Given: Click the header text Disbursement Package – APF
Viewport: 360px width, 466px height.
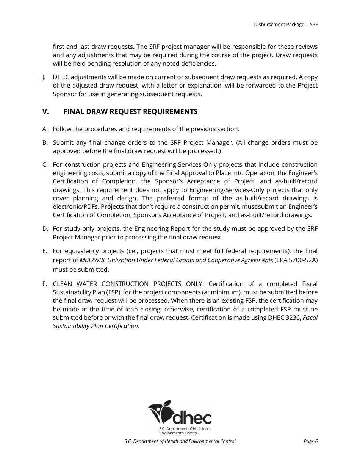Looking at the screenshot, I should point(285,25).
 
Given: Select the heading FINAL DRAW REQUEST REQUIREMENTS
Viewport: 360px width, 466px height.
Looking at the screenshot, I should point(130,112).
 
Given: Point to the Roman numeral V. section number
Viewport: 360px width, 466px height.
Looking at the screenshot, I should point(46,112).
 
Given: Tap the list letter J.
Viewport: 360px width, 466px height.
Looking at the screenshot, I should point(44,77).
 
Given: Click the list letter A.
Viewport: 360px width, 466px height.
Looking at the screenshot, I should point(45,129).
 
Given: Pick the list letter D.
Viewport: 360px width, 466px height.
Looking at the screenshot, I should point(45,229).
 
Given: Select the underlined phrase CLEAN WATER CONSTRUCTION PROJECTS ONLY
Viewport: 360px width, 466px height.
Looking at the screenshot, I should point(128,284).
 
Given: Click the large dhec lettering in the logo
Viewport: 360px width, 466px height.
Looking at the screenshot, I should point(192,418).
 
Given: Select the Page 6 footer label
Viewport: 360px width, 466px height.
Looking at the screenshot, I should point(310,441).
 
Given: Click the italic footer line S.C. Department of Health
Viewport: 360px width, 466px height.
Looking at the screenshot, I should point(180,441).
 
